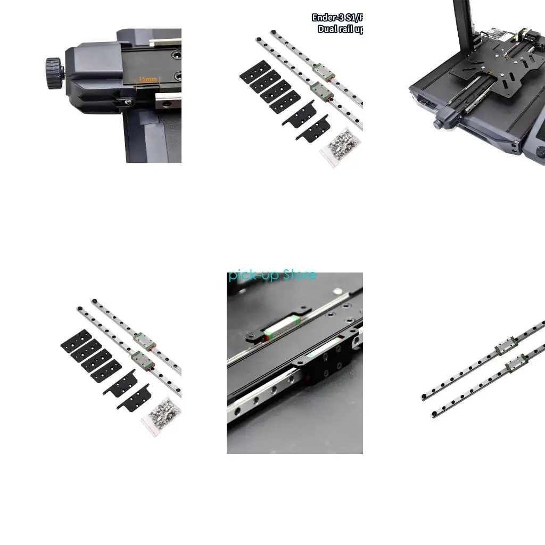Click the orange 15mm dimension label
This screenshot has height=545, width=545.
(x=148, y=80)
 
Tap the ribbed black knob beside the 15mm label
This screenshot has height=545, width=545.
(x=54, y=74)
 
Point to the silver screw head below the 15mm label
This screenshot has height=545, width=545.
(x=127, y=99)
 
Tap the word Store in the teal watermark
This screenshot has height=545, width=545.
(x=300, y=275)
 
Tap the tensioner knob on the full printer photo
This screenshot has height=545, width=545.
(x=438, y=124)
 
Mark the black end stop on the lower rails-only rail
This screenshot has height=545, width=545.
(x=434, y=413)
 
